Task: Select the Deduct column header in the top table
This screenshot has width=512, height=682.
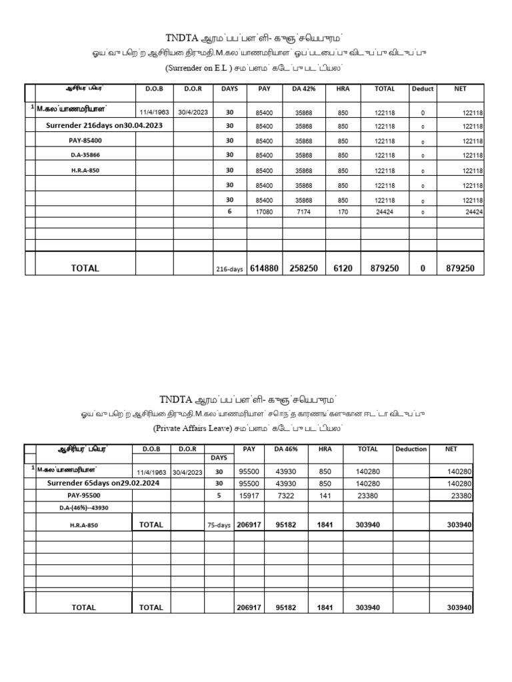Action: point(422,89)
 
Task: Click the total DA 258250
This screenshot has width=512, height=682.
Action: point(303,268)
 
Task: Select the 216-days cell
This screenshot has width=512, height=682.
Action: point(229,269)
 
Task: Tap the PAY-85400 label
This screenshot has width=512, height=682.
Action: point(85,141)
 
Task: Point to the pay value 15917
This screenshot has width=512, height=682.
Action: point(249,496)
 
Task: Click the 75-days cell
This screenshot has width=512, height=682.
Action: point(219,525)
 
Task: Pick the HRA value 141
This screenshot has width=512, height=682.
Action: point(325,496)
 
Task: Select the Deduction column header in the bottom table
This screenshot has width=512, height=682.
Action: point(411,449)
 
